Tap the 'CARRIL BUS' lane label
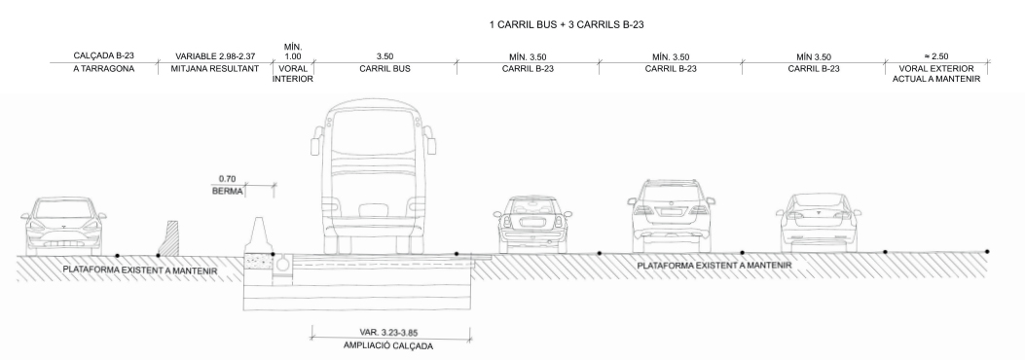point(383,71)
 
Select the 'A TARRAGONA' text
point(102,71)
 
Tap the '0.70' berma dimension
point(229,178)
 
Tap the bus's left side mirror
point(314,142)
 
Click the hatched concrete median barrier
point(169,239)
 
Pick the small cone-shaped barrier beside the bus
point(260,234)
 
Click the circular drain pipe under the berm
point(283,263)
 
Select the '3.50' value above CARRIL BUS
point(383,57)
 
